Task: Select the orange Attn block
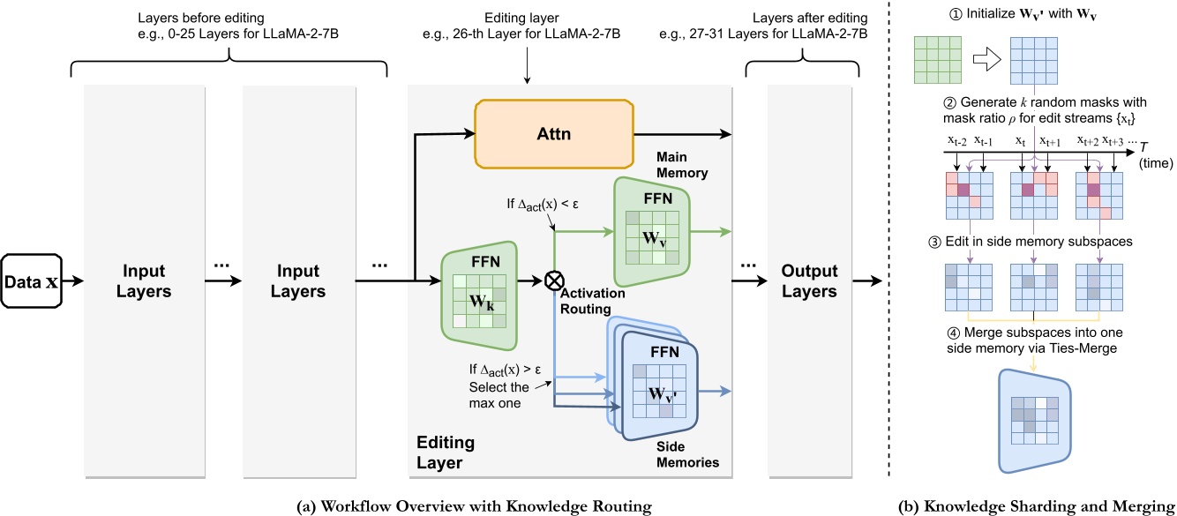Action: tap(553, 133)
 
